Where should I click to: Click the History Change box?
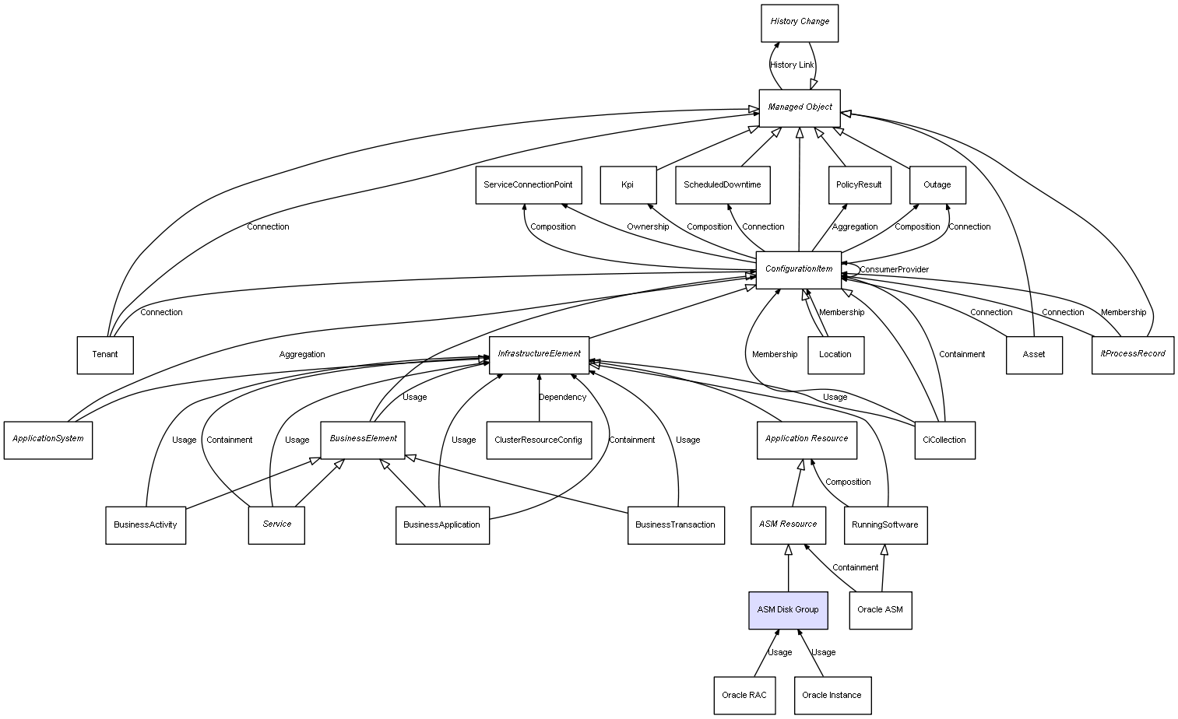800,23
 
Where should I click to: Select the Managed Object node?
800,107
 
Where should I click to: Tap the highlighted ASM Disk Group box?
788,610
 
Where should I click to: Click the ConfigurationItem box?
799,270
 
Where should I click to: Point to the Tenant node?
105,355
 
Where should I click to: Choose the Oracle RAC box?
744,695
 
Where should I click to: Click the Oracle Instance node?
832,695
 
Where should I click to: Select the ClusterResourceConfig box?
538,440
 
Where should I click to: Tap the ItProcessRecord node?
1132,355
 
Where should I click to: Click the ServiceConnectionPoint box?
528,185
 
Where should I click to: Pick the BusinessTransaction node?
675,525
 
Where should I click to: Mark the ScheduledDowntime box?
723,185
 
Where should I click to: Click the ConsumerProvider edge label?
894,270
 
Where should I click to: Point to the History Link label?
792,65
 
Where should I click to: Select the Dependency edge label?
562,398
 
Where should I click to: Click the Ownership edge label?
648,227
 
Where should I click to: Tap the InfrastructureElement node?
539,355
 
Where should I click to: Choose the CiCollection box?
944,440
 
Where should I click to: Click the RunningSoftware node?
885,525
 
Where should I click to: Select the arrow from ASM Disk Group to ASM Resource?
788,568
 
